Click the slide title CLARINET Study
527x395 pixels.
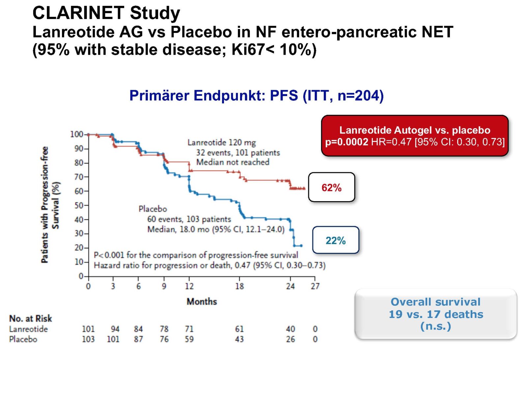click(x=106, y=13)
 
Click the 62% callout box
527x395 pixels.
click(x=331, y=187)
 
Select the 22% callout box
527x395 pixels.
click(x=335, y=240)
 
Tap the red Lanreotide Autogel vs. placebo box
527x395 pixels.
click(x=415, y=136)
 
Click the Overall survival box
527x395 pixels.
click(x=435, y=314)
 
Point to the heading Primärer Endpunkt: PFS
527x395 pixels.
click(x=256, y=96)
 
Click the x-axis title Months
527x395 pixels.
click(x=202, y=302)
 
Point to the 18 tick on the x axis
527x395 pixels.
click(x=239, y=286)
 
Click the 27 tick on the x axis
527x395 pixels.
click(x=315, y=286)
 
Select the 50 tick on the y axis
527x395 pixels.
click(x=79, y=205)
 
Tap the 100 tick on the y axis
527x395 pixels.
click(x=76, y=134)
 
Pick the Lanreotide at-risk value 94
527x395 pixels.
click(x=115, y=329)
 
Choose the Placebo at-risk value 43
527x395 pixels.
click(x=239, y=339)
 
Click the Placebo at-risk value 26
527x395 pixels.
click(x=290, y=339)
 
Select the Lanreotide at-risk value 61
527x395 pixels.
click(x=239, y=329)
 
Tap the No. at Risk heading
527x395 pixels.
click(x=30, y=318)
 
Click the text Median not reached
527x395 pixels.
click(x=233, y=162)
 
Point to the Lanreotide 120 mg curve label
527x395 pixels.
click(x=221, y=143)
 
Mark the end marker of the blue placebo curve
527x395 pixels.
click(x=301, y=246)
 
